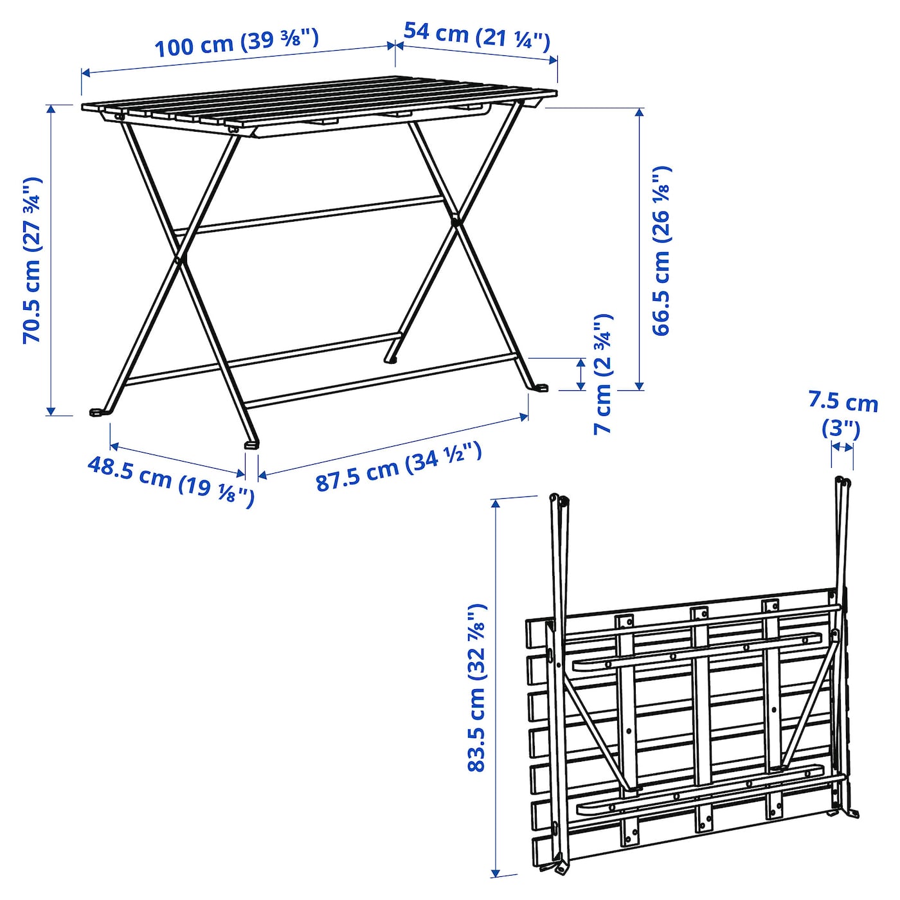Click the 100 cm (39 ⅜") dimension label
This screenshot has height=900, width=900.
pos(237,42)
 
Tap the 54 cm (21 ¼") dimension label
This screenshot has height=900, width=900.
pos(477,37)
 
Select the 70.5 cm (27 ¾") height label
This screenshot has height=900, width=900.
pos(33,260)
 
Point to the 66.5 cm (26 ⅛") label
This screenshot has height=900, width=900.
pos(661,250)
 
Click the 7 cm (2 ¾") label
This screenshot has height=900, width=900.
pos(602,374)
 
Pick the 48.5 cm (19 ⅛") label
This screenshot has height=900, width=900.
pos(172,482)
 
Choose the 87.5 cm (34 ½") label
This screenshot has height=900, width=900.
pos(399,467)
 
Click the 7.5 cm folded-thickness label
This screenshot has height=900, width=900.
pos(843,403)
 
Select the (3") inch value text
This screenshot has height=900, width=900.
pos(841,429)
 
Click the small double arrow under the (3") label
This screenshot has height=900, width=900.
pos(842,447)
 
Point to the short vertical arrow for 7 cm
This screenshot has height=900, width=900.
pos(580,374)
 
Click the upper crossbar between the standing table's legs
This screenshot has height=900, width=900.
pos(309,215)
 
